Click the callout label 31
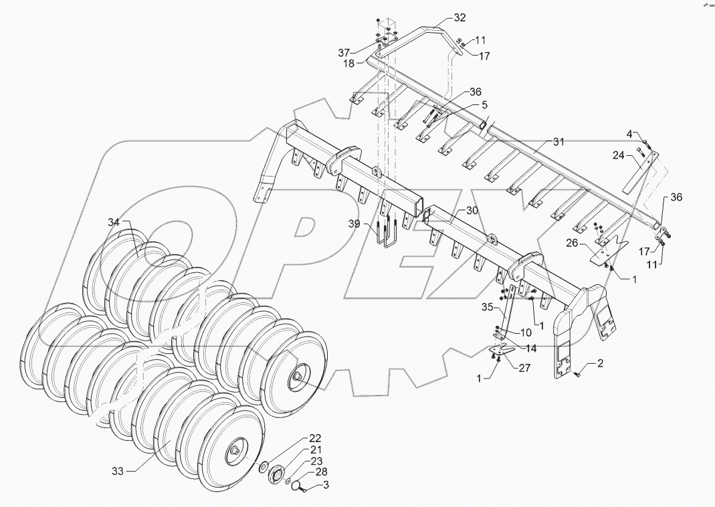tap(559, 142)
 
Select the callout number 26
tap(573, 243)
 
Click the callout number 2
tap(601, 364)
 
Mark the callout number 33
tap(118, 471)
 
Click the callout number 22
tap(296, 438)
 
